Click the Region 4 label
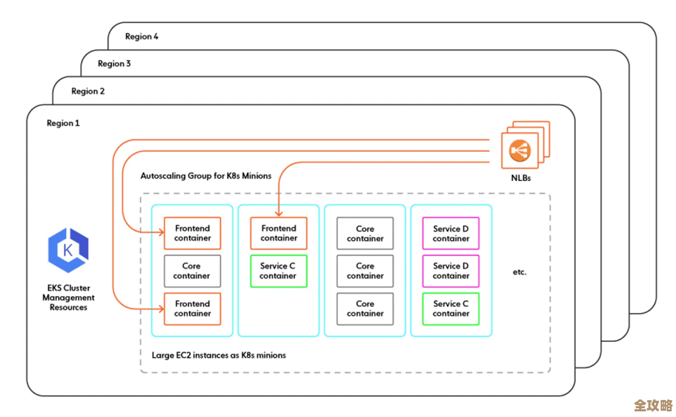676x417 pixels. point(141,36)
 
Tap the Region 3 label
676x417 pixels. point(114,64)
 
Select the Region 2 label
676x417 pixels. point(88,91)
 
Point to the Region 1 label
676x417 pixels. point(63,123)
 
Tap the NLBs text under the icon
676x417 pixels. point(521,178)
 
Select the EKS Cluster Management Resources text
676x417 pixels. point(68,298)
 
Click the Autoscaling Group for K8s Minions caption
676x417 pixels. point(206,176)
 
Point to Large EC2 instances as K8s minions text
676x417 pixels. point(218,355)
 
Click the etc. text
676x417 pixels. point(519,272)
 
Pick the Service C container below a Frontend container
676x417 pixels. point(279,271)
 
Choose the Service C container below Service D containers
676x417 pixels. point(451,309)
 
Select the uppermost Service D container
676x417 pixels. point(451,234)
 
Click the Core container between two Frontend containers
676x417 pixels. point(192,271)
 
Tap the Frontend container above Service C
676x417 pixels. point(279,234)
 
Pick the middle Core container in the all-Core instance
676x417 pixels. point(365,271)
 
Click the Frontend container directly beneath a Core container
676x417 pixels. point(192,309)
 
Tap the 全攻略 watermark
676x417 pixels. point(653,404)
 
